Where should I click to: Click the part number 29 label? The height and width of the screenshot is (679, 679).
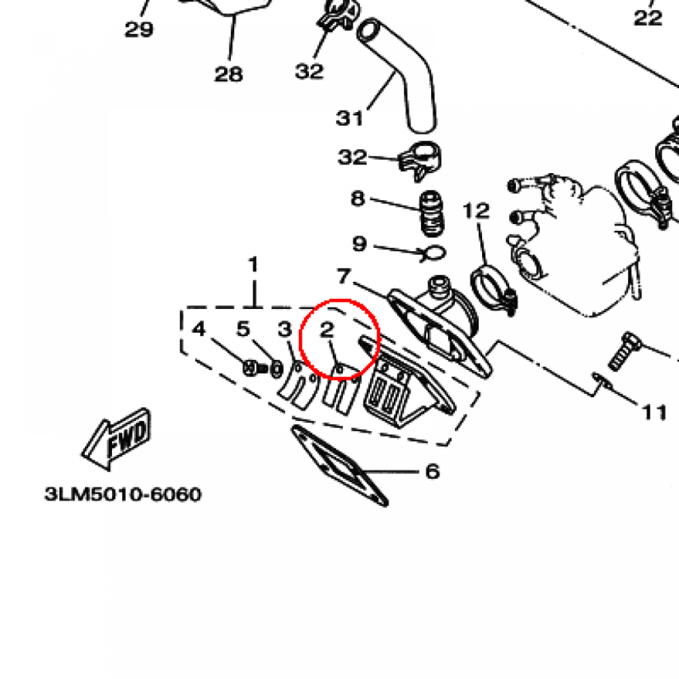point(139,29)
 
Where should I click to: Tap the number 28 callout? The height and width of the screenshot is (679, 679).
point(229,74)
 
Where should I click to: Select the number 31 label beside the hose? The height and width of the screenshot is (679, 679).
point(350,118)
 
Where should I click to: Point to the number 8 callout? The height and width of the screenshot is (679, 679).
point(358,198)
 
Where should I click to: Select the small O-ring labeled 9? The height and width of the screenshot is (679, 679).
point(434,252)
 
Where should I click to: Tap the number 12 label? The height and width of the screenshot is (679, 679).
point(476,212)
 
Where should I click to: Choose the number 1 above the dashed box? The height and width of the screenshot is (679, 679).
point(253,265)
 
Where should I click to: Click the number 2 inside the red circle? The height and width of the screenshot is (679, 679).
point(326,330)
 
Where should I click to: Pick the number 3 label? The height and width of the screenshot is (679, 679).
point(284,329)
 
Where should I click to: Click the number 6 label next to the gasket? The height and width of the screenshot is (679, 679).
point(432,471)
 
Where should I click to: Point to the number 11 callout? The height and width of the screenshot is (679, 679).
point(654,412)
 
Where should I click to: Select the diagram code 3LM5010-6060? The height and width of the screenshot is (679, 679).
point(123,495)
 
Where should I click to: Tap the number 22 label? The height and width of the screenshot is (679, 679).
point(648,18)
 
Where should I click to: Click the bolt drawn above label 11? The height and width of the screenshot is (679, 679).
point(623,351)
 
